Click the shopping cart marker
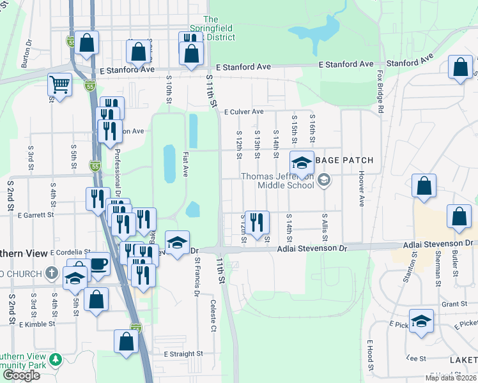pyautogui.click(x=59, y=84)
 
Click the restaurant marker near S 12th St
pyautogui.click(x=257, y=222)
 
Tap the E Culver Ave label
pyautogui.click(x=244, y=112)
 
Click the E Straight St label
pyautogui.click(x=183, y=353)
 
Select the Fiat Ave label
pyautogui.click(x=185, y=164)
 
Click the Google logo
pyautogui.click(x=21, y=375)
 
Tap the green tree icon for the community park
pyautogui.click(x=56, y=360)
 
